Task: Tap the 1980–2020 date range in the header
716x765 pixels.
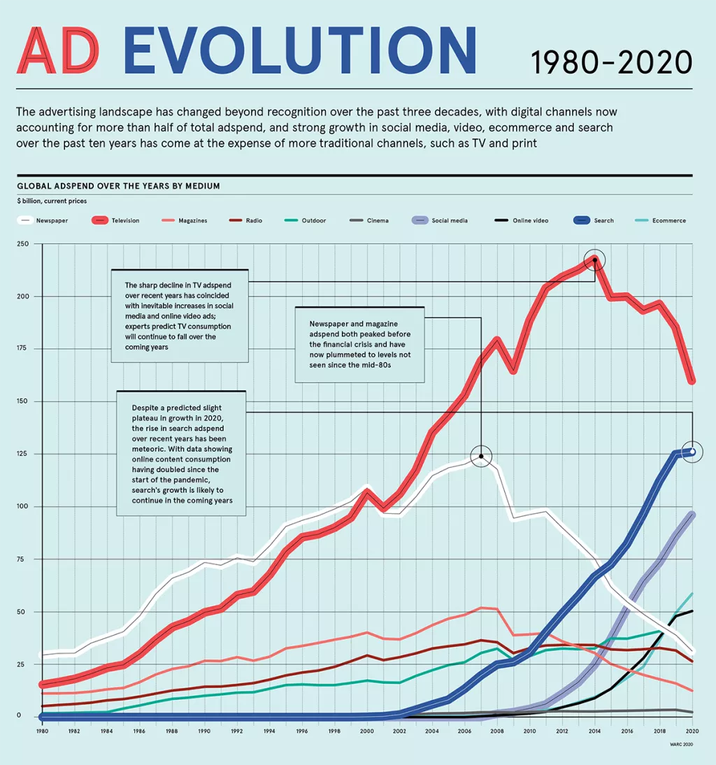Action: coord(611,62)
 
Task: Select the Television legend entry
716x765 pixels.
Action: coord(116,220)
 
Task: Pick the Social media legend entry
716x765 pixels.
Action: coord(440,220)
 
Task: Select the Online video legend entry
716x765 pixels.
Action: coord(522,220)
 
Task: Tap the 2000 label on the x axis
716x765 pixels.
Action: coord(367,731)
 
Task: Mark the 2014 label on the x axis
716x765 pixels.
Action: coord(594,731)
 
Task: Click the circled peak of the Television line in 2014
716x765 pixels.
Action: coord(594,260)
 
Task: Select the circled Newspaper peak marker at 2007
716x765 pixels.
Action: coord(481,456)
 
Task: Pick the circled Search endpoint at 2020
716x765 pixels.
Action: coord(692,452)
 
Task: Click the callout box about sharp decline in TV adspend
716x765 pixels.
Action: coord(180,315)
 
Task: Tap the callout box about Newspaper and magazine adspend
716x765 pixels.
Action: coord(359,344)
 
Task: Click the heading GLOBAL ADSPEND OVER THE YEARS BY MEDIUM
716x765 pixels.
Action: coord(118,186)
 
